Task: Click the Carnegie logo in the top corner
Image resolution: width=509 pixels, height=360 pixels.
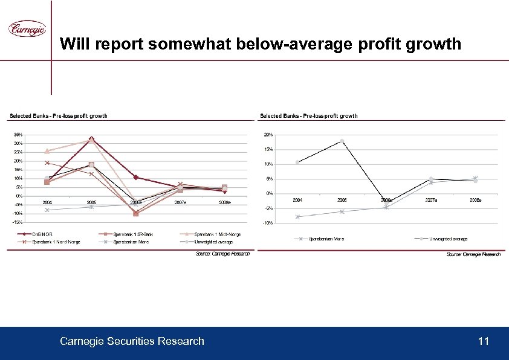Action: [x=27, y=28]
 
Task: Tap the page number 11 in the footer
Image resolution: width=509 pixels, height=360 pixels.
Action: [x=483, y=342]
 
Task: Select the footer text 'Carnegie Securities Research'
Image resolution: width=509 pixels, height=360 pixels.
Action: [x=132, y=342]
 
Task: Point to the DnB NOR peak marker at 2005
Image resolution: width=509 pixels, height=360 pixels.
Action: [x=91, y=140]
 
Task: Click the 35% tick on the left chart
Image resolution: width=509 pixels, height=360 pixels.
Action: [x=18, y=135]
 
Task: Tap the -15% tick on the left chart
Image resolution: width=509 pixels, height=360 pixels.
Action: [x=18, y=222]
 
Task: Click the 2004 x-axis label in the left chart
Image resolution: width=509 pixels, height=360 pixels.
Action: [x=47, y=202]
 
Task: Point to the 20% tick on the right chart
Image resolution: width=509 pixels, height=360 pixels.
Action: [x=268, y=135]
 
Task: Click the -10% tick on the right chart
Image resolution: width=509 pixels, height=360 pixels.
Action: [x=268, y=223]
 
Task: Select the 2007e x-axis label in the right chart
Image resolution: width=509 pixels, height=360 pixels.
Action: [x=431, y=200]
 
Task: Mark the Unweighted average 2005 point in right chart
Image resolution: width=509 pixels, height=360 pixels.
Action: [x=342, y=141]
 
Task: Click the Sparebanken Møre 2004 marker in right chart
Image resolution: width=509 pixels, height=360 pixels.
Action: [x=297, y=217]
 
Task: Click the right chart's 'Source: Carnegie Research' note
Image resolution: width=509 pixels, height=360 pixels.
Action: [x=473, y=255]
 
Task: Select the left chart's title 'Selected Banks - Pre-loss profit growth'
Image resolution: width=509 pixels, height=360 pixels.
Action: [x=57, y=116]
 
